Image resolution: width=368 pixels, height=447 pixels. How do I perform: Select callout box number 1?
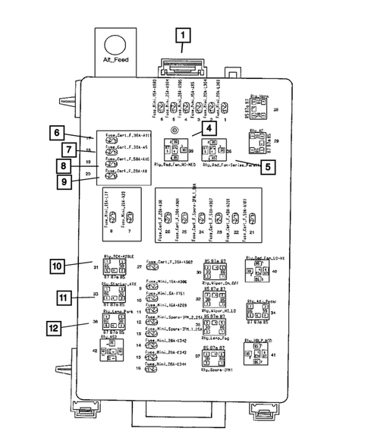click(182, 34)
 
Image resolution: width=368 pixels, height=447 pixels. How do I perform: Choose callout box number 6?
click(56, 133)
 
